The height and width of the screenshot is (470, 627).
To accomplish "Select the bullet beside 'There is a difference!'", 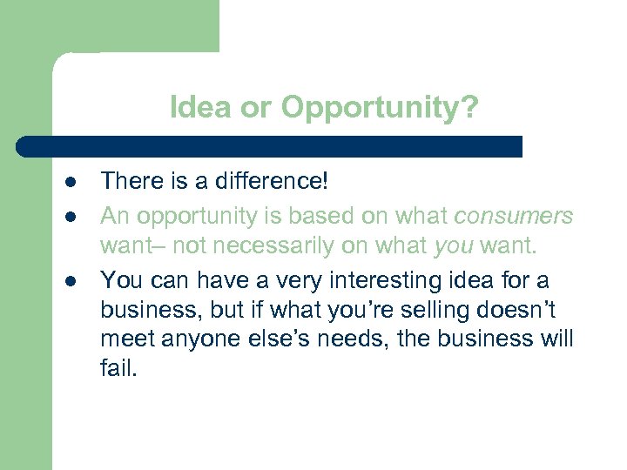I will point(67,182).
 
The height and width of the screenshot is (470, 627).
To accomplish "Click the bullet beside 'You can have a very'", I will point(67,280).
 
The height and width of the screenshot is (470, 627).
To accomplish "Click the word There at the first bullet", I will point(128,181).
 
